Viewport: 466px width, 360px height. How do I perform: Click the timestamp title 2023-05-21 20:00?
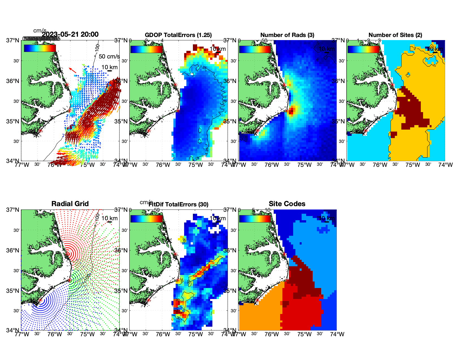(x=70, y=34)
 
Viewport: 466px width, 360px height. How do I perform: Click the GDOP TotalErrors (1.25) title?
(x=178, y=35)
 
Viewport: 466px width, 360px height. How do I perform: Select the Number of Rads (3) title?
(x=287, y=35)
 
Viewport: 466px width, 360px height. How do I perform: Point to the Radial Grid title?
(x=70, y=204)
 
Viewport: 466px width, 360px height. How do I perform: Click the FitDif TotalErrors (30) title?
(x=178, y=204)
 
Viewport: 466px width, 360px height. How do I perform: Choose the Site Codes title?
(x=287, y=204)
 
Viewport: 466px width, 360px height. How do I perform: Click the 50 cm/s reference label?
(x=109, y=56)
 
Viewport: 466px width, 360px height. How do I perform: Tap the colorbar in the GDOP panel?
(x=146, y=49)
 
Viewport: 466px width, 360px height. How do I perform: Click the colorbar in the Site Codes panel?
(x=255, y=218)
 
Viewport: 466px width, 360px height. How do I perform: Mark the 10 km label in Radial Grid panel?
(x=109, y=218)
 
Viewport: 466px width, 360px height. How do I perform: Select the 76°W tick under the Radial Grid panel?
(x=55, y=334)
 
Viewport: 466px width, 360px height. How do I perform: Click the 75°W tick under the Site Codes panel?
(x=304, y=334)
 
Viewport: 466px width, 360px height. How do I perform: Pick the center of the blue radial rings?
(x=40, y=300)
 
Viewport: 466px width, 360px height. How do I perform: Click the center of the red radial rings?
(x=67, y=254)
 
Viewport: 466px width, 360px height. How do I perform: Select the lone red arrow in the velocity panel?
(x=73, y=70)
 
